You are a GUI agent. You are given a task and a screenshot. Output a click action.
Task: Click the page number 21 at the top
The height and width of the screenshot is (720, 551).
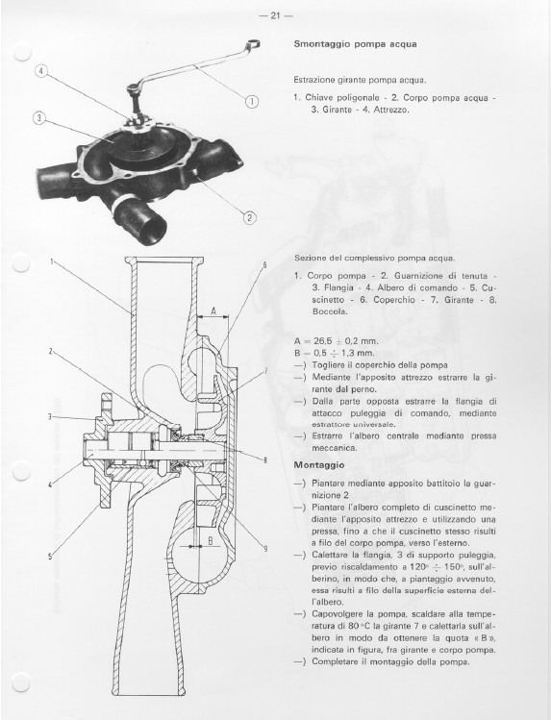point(275,15)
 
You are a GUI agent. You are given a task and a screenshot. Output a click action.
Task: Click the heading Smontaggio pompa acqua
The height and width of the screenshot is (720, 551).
point(356,44)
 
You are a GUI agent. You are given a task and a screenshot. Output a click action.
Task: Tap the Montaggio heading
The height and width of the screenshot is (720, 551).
point(319,465)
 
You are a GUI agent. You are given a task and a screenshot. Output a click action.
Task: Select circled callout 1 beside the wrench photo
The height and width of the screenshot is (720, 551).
point(252,102)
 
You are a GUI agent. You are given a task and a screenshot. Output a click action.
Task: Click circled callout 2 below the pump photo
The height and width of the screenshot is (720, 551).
point(249,217)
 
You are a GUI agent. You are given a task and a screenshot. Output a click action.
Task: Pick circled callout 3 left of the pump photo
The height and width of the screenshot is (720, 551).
point(39,118)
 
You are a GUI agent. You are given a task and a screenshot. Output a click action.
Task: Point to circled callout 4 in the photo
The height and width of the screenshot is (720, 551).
point(41,71)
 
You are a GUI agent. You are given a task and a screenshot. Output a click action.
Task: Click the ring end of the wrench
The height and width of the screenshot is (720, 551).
point(254,43)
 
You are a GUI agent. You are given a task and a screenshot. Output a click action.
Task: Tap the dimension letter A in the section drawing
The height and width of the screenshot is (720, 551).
point(213,311)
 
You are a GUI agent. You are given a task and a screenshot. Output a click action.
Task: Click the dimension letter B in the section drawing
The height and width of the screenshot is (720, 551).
point(211,541)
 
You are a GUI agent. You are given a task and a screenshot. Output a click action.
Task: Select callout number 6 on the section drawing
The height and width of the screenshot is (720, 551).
point(265,265)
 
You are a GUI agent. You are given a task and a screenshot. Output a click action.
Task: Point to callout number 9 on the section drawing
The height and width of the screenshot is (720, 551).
point(265,548)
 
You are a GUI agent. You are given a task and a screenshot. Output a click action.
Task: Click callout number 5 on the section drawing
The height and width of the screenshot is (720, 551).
point(50,557)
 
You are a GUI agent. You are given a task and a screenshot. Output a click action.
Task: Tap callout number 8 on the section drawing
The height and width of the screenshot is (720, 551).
point(265,460)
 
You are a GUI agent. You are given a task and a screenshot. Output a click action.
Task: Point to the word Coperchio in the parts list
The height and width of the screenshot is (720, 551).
point(394,300)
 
